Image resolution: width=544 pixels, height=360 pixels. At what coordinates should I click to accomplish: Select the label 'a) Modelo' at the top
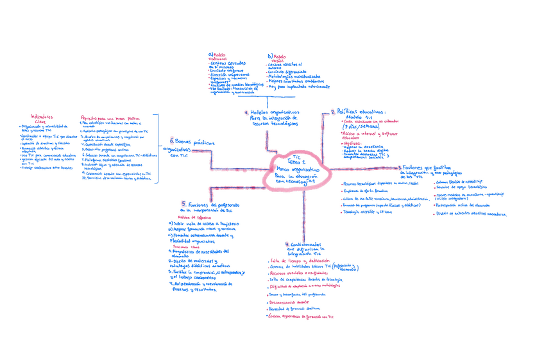click(219, 55)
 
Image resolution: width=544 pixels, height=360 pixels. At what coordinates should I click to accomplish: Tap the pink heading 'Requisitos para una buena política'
click(110, 118)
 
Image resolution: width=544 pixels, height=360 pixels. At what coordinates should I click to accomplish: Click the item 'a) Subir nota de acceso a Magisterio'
click(203, 223)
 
